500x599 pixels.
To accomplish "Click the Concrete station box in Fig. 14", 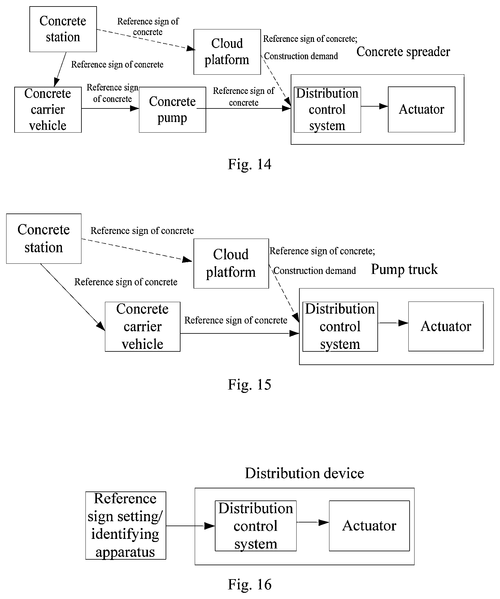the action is tap(63, 29).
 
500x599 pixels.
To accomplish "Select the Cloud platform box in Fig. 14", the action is tap(227, 52).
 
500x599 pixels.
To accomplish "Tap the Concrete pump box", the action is tap(172, 110).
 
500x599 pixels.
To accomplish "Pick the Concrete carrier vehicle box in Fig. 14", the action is tap(48, 110).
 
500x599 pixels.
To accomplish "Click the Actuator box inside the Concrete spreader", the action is tap(422, 109).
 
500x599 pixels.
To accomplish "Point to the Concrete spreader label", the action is tap(403, 52).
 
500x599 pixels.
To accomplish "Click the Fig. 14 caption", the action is tap(250, 164).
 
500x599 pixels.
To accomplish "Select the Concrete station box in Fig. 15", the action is tap(44, 239).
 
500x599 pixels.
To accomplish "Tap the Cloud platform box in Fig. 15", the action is tap(231, 264).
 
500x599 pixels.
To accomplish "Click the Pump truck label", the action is tap(404, 269).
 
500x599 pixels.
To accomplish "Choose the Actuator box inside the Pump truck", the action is tap(446, 326).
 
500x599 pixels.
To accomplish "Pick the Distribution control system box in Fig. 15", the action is tap(340, 327).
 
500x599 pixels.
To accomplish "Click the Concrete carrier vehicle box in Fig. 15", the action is tap(143, 327).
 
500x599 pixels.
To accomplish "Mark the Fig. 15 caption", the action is tap(250, 385).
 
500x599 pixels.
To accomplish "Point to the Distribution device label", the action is tap(305, 473).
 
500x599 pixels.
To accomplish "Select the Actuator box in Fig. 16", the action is tap(369, 526).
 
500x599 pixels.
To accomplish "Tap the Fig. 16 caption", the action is tap(250, 584).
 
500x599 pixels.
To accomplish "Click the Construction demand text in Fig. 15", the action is tap(315, 271).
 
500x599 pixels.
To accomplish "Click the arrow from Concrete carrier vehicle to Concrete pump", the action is tap(111, 108).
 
